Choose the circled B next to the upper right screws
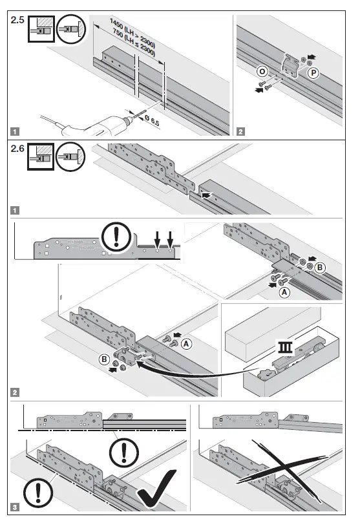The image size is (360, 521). [x=319, y=266]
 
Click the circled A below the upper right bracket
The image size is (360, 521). [x=282, y=292]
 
